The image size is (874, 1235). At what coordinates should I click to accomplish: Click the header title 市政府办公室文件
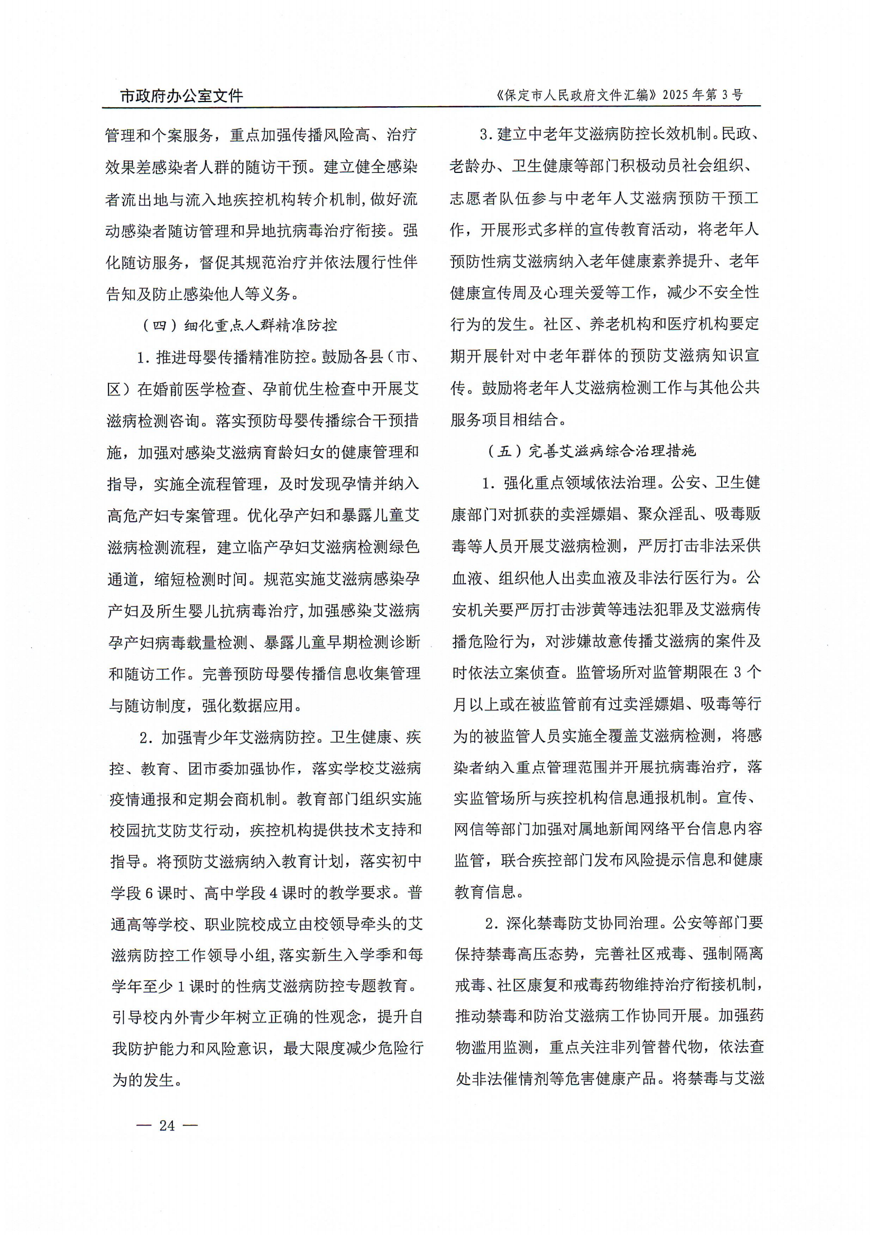tap(181, 96)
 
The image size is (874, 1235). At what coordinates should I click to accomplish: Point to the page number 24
tap(168, 1125)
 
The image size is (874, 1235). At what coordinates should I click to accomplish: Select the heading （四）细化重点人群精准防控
tap(239, 325)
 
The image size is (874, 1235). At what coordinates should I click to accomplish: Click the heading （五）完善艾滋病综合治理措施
tap(591, 450)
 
